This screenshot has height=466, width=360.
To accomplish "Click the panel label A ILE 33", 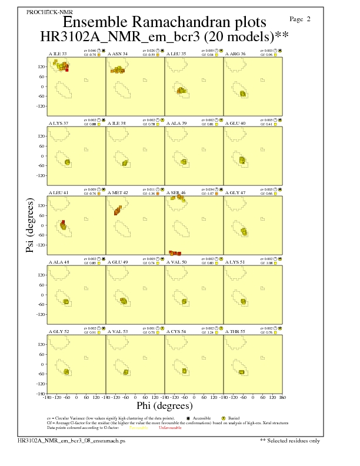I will pyautogui.click(x=57, y=54).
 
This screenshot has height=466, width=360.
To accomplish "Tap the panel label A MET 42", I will pyautogui.click(x=118, y=192).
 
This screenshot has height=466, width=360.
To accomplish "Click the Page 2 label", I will pyautogui.click(x=301, y=19).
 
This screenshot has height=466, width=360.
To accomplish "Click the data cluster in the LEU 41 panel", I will pyautogui.click(x=64, y=227).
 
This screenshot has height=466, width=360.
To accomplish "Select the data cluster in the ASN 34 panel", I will pyautogui.click(x=118, y=70).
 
